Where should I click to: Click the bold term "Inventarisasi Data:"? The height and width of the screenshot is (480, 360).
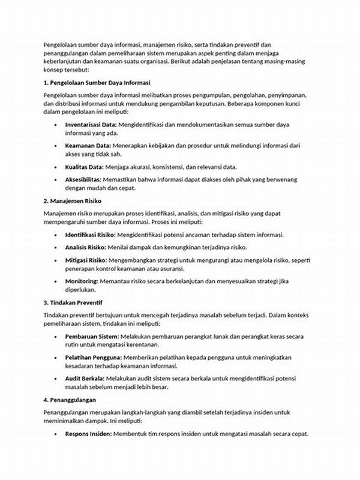point(91,124)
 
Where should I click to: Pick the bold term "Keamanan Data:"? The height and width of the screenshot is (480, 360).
point(88,146)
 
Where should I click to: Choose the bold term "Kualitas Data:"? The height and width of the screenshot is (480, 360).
point(85,166)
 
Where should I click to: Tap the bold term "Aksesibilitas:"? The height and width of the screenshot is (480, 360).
point(83,179)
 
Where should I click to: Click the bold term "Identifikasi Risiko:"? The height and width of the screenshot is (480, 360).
point(91,235)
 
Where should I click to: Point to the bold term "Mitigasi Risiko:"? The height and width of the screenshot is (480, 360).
point(86,260)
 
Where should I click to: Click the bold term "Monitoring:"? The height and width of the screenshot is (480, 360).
point(82,281)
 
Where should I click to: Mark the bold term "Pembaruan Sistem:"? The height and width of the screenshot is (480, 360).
point(92,337)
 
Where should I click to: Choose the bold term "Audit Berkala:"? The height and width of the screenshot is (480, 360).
point(85,379)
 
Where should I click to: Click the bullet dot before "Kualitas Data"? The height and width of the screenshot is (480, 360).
point(55,167)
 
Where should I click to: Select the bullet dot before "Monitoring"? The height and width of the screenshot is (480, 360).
point(55,281)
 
